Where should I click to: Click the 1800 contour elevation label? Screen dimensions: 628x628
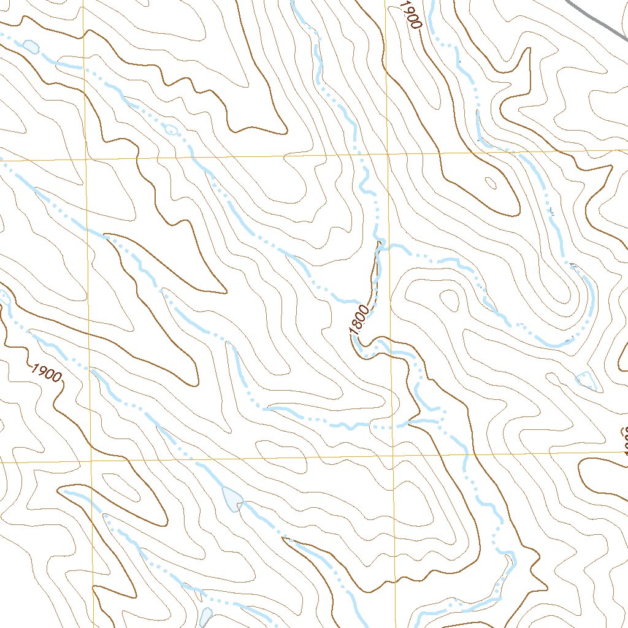359,321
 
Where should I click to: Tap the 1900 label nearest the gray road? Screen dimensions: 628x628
412,15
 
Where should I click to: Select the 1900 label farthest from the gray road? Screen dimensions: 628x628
47,372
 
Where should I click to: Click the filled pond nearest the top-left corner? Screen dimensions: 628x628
30,45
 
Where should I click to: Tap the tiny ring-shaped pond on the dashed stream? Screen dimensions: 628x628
171,129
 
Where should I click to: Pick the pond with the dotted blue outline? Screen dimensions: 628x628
586,380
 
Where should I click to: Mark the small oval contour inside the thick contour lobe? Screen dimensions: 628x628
491,182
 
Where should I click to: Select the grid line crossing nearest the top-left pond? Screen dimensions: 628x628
85,159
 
